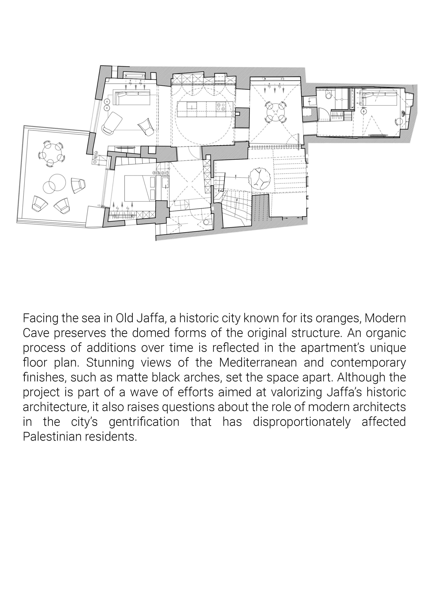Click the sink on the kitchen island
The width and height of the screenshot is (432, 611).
191,105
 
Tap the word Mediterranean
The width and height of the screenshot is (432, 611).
258,362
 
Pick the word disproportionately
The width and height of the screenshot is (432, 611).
301,422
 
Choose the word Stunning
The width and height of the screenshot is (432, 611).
110,362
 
